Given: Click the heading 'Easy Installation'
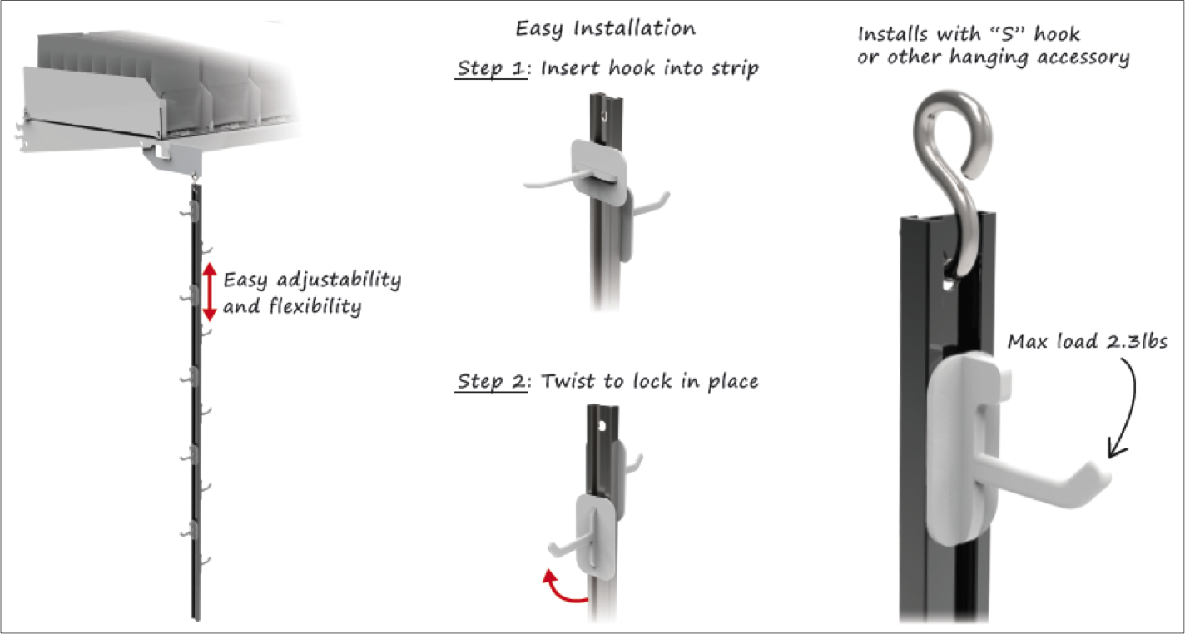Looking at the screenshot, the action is coord(605,28).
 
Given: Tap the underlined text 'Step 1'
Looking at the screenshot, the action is coord(491,68).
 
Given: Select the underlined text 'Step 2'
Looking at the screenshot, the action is coord(491,381).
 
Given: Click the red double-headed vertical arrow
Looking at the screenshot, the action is coord(210,292).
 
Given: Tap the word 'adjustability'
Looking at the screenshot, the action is coord(339,280).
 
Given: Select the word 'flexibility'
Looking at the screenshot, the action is coord(315,306).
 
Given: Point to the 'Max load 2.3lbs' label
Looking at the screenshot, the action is coord(1087,342).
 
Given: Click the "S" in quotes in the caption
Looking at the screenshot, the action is coord(1007,34).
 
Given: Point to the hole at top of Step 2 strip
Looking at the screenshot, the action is coord(602,425).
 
